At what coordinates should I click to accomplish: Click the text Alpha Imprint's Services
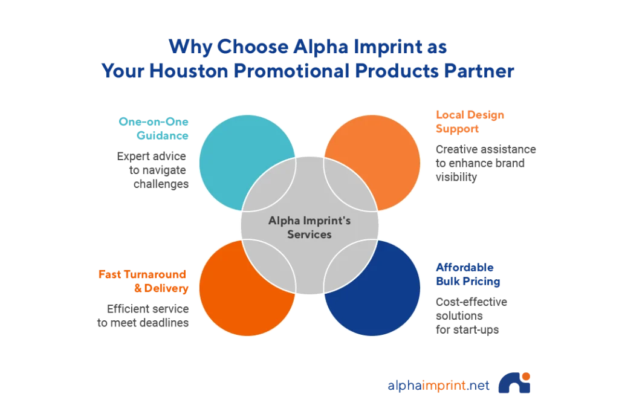(x=309, y=227)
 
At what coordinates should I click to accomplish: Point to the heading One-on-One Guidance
(x=154, y=128)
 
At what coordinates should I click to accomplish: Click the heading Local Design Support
(x=470, y=121)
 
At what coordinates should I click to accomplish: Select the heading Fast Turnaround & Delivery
(x=143, y=281)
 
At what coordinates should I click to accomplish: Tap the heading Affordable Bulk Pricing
(x=468, y=274)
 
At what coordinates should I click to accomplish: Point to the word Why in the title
(x=190, y=47)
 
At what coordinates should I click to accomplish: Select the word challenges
(x=161, y=184)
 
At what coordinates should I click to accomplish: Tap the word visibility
(x=456, y=177)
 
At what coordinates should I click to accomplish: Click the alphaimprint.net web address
(x=438, y=385)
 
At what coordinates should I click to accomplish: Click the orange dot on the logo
(x=526, y=376)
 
